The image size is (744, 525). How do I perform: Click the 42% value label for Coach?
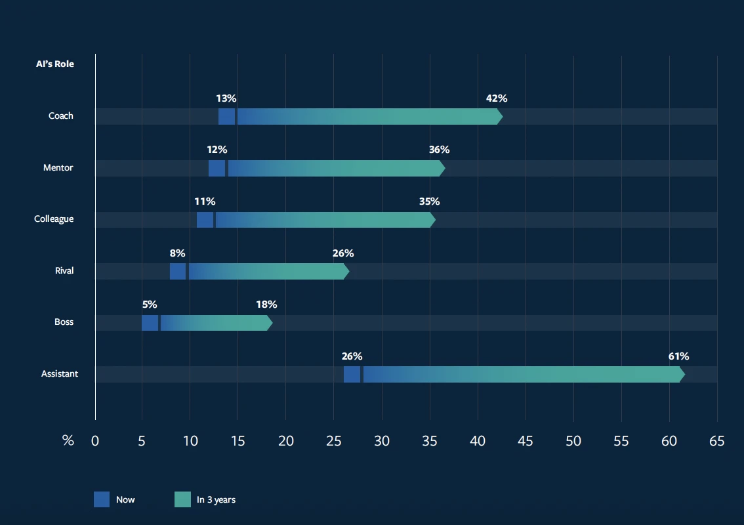(497, 98)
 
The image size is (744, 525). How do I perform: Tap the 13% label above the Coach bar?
(226, 98)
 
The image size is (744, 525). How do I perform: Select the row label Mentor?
(58, 167)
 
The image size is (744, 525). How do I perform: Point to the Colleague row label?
(54, 219)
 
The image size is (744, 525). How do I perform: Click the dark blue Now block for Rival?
(178, 271)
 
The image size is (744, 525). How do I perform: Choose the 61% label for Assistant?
(678, 356)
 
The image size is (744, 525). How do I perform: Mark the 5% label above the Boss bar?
(150, 304)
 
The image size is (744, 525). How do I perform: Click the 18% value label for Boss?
(266, 304)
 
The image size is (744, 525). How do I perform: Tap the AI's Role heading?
(55, 64)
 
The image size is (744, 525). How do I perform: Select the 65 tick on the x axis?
(717, 441)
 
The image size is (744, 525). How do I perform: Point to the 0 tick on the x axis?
(95, 441)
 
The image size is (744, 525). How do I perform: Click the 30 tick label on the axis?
(382, 441)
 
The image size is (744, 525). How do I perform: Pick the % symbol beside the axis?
(68, 441)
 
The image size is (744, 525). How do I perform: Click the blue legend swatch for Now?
(102, 499)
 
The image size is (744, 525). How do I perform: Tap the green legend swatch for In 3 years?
(182, 499)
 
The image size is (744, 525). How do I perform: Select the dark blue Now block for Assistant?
(352, 374)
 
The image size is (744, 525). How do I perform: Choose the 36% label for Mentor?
(440, 150)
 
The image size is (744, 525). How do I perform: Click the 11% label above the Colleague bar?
(205, 201)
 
